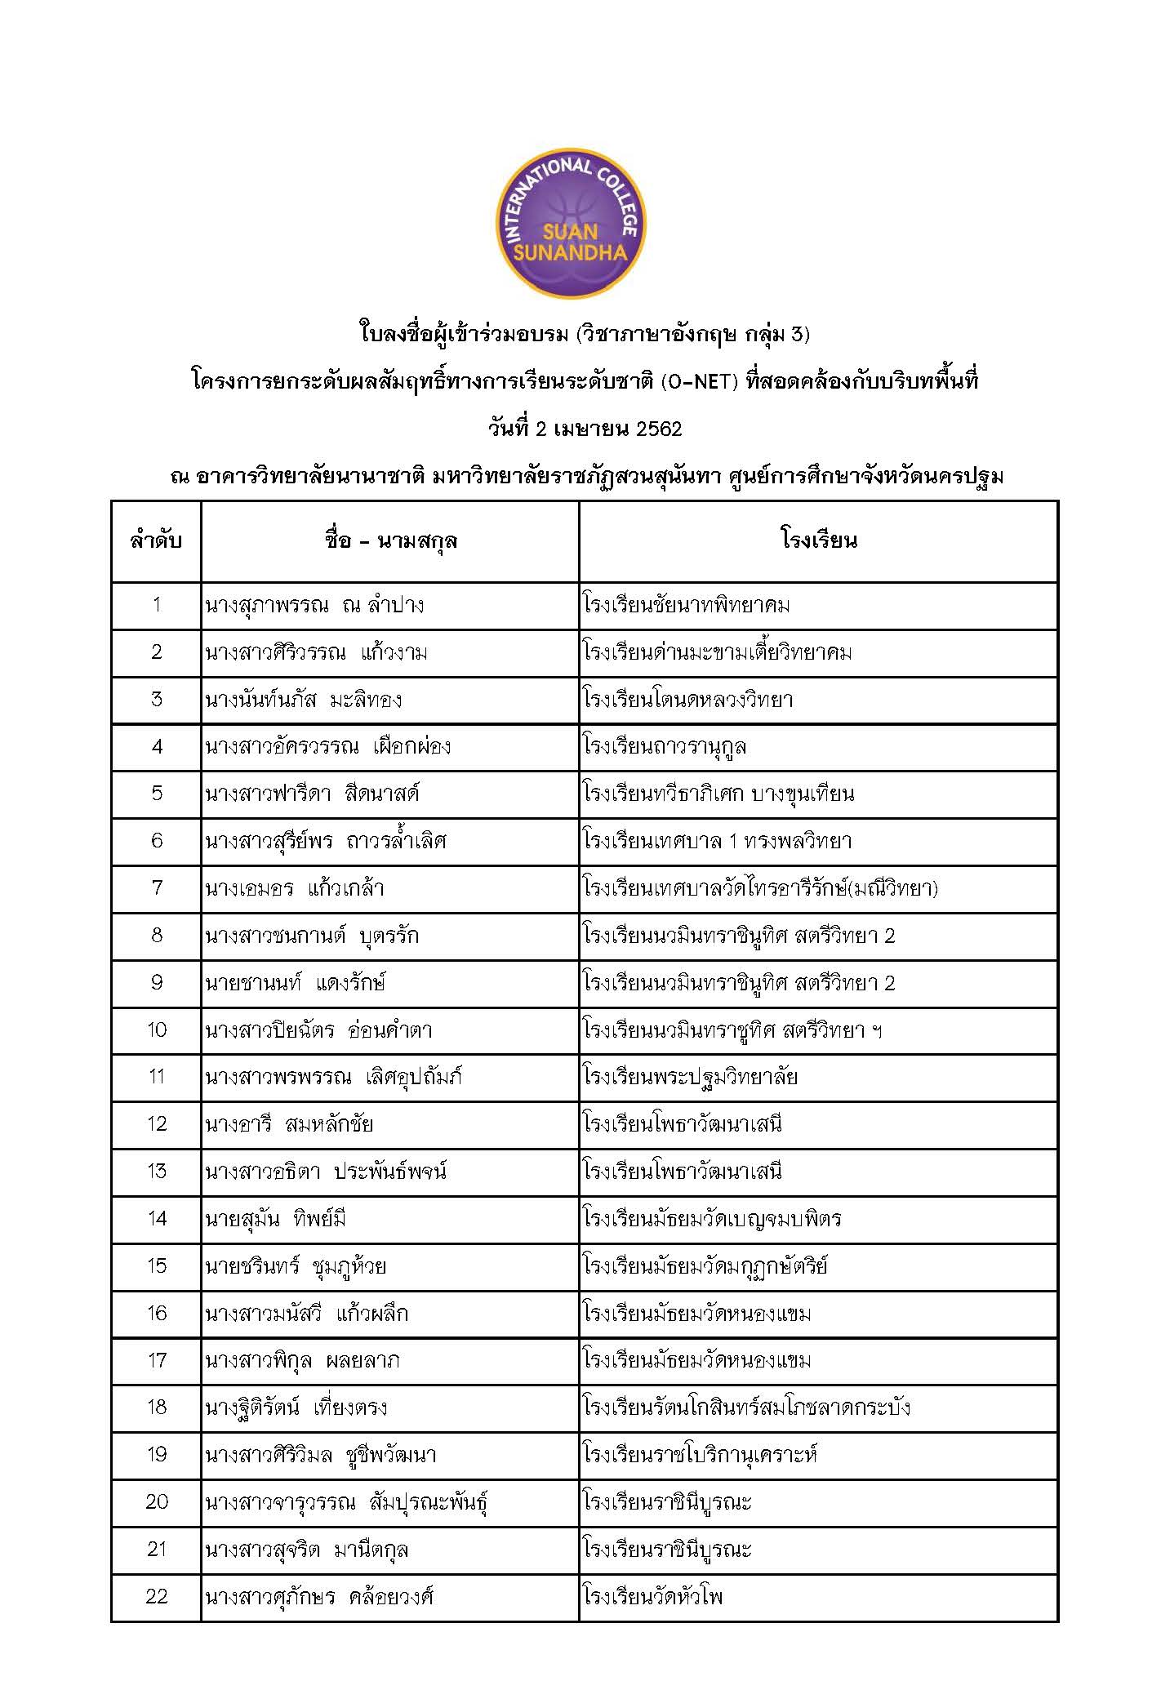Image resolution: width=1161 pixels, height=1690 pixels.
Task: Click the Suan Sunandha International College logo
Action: pyautogui.click(x=572, y=224)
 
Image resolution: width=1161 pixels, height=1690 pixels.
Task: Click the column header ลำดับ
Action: pyautogui.click(x=156, y=540)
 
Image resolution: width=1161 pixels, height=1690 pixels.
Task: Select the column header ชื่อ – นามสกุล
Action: pyautogui.click(x=390, y=540)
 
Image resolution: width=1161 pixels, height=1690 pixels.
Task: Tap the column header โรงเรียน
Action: pyautogui.click(x=818, y=540)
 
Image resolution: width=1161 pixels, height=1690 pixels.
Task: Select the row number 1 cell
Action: pyautogui.click(x=156, y=605)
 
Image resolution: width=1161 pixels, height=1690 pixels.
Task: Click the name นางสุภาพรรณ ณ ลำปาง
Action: pyautogui.click(x=314, y=605)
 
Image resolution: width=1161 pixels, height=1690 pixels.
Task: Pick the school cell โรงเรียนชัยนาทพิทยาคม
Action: pyautogui.click(x=687, y=605)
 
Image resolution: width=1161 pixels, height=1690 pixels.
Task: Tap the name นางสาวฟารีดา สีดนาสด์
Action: pyautogui.click(x=312, y=794)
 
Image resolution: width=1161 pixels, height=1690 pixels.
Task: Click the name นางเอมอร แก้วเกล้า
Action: pyautogui.click(x=295, y=888)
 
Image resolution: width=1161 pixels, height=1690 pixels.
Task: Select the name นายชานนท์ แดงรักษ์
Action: pyautogui.click(x=295, y=982)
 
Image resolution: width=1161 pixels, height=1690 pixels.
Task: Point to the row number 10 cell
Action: pyautogui.click(x=156, y=1030)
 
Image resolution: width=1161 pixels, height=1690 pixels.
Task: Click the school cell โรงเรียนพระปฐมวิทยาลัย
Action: pyautogui.click(x=691, y=1077)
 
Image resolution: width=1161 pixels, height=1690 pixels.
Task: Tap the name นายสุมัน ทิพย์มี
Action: pyautogui.click(x=276, y=1219)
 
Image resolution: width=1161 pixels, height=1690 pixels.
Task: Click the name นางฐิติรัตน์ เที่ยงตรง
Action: pyautogui.click(x=296, y=1408)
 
